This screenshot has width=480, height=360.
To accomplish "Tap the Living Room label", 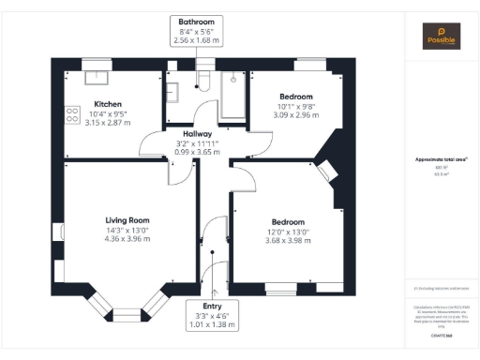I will coord(127,220).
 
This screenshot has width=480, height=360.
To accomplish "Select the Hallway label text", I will coord(197,134).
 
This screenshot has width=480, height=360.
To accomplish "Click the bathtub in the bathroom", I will coord(231,89).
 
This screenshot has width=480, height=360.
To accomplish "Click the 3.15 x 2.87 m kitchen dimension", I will coord(110,122).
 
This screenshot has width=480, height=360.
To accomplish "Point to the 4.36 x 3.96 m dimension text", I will coord(127,239).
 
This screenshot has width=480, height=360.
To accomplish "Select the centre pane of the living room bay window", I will coord(126,314).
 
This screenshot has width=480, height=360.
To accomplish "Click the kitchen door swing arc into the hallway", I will coord(148,145).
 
